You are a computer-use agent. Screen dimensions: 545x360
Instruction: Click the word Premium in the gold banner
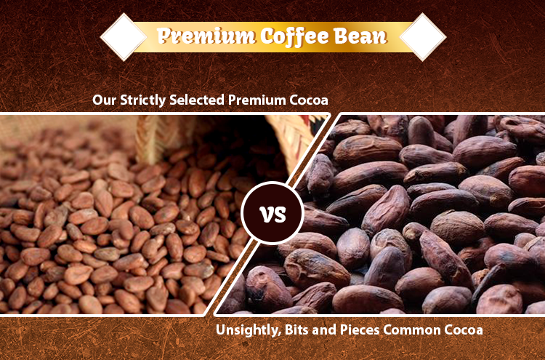206,36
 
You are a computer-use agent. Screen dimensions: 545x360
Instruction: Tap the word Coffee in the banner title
294,36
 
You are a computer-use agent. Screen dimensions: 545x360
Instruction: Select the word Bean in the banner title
360,36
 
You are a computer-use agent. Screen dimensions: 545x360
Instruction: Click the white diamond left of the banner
124,37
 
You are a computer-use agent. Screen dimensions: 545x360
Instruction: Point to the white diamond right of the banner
423,37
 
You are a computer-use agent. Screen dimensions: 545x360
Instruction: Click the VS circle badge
272,213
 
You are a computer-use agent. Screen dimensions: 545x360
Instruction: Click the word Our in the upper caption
104,100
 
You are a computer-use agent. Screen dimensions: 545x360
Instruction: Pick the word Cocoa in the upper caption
309,100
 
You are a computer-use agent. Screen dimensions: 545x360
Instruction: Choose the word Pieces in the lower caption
360,329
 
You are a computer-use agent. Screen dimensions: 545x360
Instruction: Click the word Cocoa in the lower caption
464,329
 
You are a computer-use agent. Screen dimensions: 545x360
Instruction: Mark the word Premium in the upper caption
257,100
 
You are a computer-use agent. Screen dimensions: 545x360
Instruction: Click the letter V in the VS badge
266,215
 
